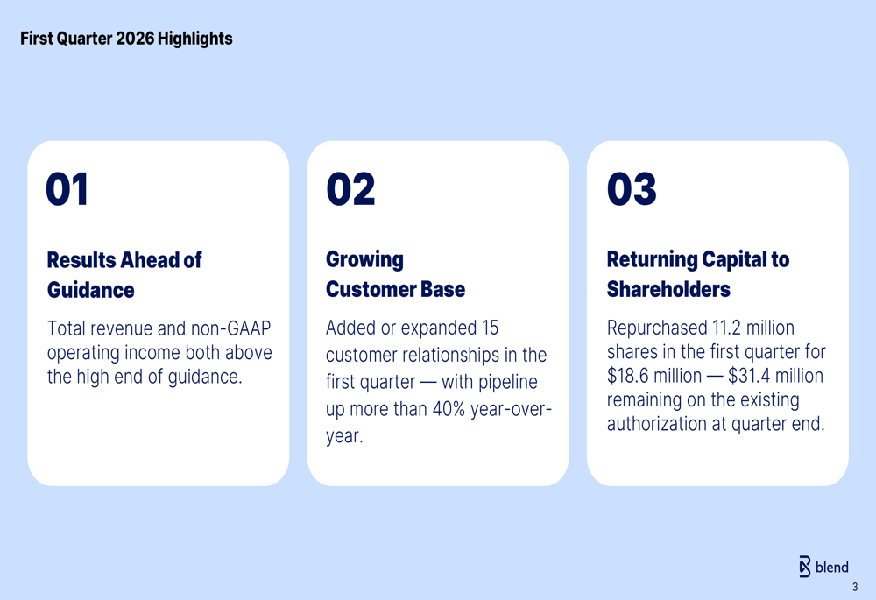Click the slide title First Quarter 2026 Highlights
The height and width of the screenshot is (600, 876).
[x=126, y=39]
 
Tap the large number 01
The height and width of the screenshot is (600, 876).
[x=67, y=189]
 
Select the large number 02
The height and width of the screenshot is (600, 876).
[x=351, y=189]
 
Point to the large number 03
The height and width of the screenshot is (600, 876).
[x=632, y=189]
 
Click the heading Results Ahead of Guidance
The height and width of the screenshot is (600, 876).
[x=124, y=275]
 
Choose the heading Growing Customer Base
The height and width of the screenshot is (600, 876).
[x=396, y=274]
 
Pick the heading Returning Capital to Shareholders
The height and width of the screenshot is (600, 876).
[x=698, y=274]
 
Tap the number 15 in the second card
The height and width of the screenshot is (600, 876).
[x=490, y=328]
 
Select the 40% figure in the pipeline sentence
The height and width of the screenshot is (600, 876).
[x=449, y=409]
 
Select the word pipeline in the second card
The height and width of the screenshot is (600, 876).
[x=508, y=383]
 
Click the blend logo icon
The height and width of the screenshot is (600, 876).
[x=804, y=567]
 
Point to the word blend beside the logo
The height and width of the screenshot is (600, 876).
[x=832, y=567]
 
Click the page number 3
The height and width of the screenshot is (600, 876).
[x=855, y=587]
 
